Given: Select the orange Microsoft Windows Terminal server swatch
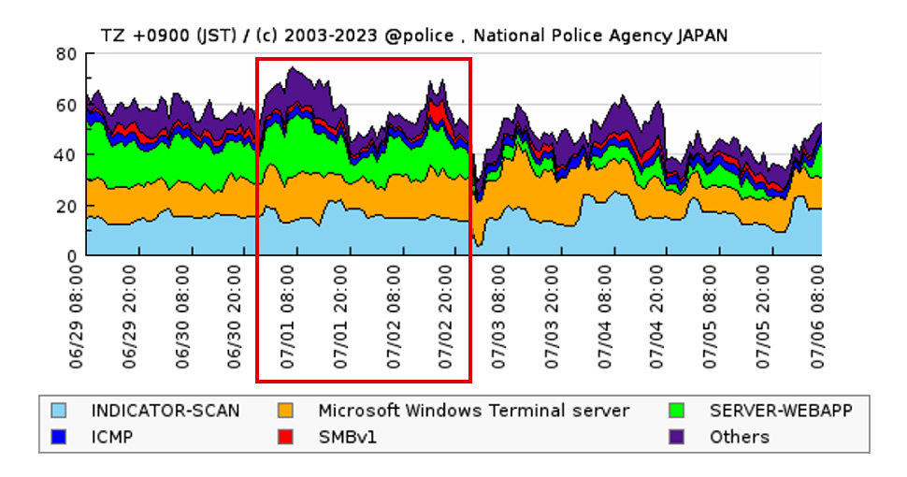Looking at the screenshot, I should coord(288,411).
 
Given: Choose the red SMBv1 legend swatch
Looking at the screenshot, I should coord(288,437).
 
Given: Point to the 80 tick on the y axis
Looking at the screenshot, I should coord(65,55).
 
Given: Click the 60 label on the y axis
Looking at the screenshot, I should coord(65,106).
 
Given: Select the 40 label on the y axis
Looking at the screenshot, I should coord(65,155).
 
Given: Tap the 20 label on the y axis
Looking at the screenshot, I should coord(65,206).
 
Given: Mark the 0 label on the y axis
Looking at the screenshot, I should coord(70,255).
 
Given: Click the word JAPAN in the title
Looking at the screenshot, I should coord(701,36).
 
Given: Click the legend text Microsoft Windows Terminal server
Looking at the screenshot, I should coord(473,411).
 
